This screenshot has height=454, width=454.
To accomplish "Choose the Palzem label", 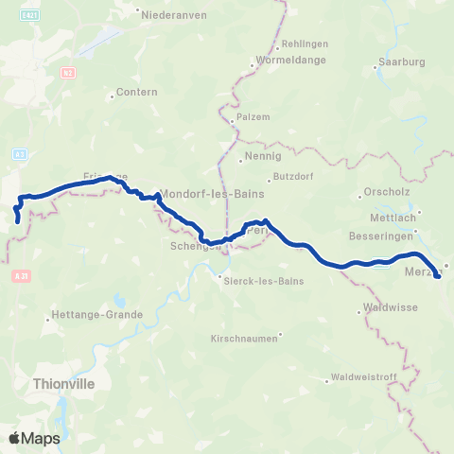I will pyautogui.click(x=253, y=117).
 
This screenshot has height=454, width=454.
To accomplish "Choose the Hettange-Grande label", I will pyautogui.click(x=96, y=315).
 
